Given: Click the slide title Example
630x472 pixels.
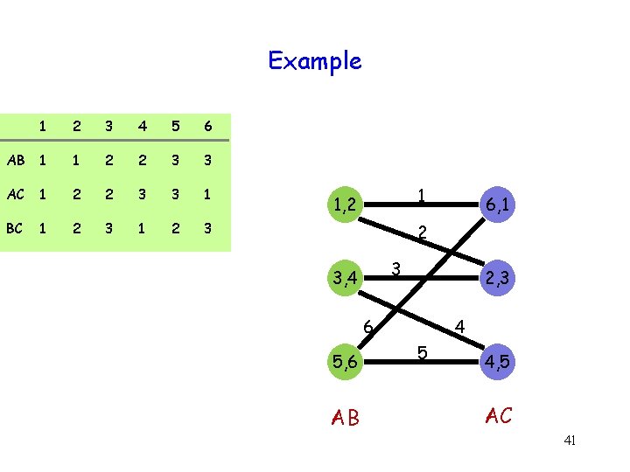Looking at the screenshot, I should tap(314, 61).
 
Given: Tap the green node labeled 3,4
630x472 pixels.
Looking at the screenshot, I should tap(343, 280).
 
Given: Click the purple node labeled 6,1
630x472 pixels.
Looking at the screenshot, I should tap(500, 205).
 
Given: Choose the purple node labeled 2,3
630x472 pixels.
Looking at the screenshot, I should tap(500, 280).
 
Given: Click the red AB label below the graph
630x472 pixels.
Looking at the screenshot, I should tap(346, 418).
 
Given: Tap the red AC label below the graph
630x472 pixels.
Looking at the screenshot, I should tap(498, 416).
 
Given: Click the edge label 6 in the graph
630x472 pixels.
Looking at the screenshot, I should tap(369, 328).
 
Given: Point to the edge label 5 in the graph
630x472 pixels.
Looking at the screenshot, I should tap(422, 353).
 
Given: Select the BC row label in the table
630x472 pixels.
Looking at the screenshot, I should tap(14, 228).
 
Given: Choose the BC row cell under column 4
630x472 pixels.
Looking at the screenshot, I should tap(140, 228).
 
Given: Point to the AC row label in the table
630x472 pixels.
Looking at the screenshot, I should tap(14, 194).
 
